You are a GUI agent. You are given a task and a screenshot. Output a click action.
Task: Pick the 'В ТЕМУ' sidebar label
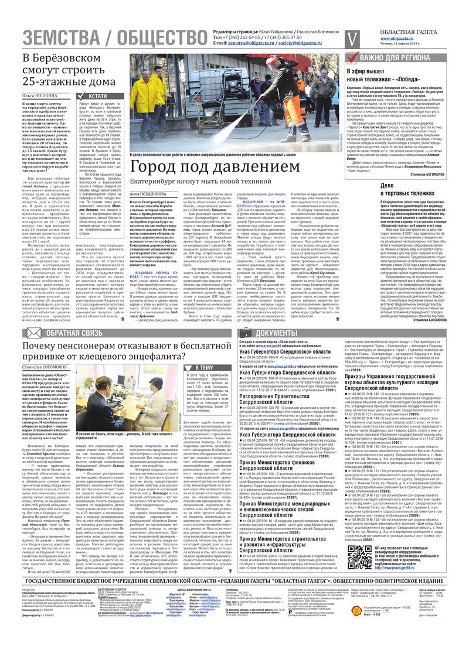point(203,367)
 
